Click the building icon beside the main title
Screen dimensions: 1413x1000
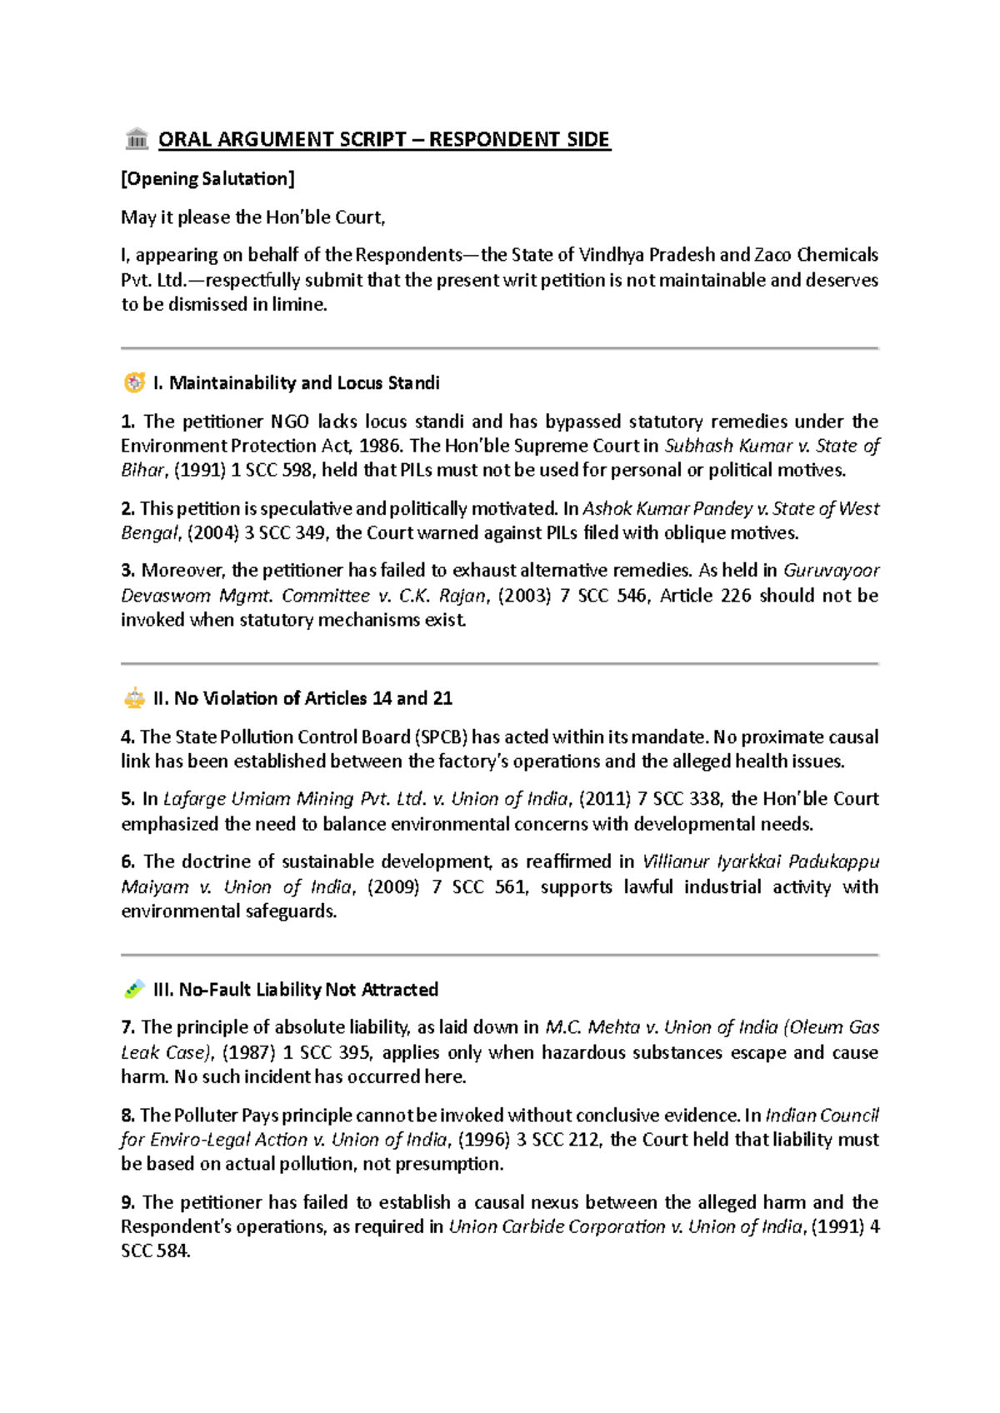click(x=136, y=139)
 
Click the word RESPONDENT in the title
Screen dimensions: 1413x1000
click(x=494, y=139)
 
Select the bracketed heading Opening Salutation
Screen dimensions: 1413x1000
click(x=207, y=178)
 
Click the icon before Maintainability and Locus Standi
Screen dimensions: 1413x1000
click(x=134, y=382)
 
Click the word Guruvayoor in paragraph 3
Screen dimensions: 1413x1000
click(x=831, y=571)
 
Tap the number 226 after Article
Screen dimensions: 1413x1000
click(x=736, y=596)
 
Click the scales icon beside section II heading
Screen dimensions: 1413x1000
click(x=134, y=698)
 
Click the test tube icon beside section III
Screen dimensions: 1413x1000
click(x=134, y=989)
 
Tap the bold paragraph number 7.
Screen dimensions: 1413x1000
click(x=127, y=1027)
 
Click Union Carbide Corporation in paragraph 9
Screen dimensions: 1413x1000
click(x=557, y=1227)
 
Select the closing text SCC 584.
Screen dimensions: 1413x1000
click(x=156, y=1251)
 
